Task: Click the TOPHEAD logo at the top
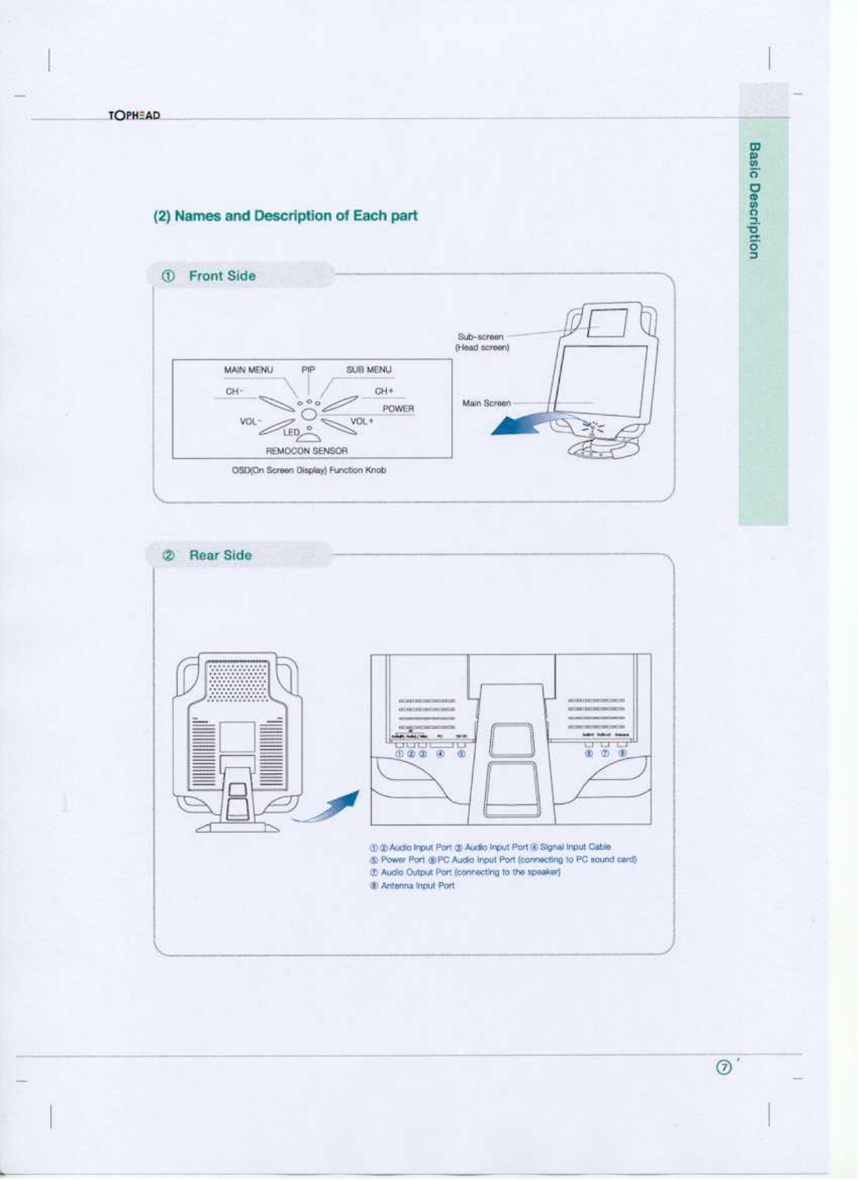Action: tap(134, 115)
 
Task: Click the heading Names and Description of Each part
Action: tap(285, 216)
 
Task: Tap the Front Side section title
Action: tap(222, 276)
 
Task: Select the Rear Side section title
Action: tap(220, 555)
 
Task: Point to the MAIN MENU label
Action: tap(248, 370)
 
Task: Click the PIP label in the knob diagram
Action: tap(309, 370)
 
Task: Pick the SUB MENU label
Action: tap(369, 370)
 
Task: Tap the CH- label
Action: tap(234, 391)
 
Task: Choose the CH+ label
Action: tap(384, 391)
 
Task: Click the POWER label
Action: tap(398, 409)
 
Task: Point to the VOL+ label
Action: tap(362, 421)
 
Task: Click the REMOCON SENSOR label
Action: tap(306, 451)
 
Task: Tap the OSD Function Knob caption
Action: tap(309, 470)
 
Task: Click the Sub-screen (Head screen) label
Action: tap(482, 342)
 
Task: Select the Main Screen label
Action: tap(486, 403)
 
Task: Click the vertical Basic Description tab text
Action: tap(754, 200)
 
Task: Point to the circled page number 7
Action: tap(724, 1067)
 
